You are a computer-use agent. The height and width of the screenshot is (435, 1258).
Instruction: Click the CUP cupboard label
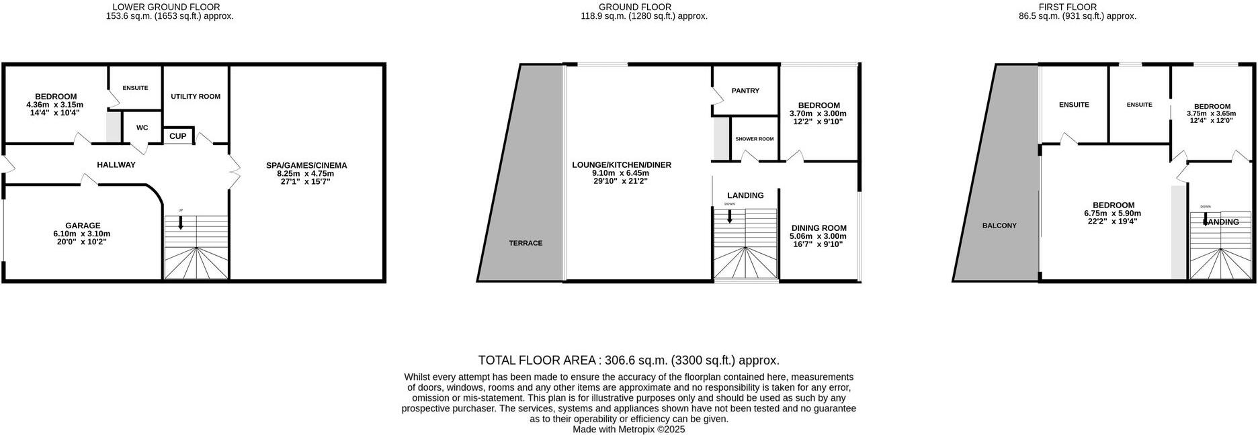click(x=177, y=136)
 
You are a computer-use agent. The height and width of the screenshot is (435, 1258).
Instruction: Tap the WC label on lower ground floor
click(x=142, y=128)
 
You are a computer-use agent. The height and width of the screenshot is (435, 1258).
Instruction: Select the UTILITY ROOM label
click(x=196, y=97)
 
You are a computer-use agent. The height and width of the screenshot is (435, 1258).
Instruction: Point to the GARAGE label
click(x=83, y=226)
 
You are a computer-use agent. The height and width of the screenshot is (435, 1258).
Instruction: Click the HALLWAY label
click(x=116, y=164)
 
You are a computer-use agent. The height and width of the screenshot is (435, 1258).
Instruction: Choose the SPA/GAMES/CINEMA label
click(x=306, y=165)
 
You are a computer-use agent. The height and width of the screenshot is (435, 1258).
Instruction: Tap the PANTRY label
click(x=745, y=91)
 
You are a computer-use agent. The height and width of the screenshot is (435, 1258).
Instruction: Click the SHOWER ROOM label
click(x=754, y=139)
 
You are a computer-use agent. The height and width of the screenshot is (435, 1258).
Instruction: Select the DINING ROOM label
click(x=819, y=228)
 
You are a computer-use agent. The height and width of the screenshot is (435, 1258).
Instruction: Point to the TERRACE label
click(x=526, y=243)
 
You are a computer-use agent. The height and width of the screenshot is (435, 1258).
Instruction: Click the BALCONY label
click(x=999, y=226)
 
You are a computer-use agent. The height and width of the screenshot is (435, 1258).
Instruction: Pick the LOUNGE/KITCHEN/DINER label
click(x=622, y=165)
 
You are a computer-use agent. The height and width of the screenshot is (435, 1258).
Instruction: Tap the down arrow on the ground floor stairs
click(x=729, y=216)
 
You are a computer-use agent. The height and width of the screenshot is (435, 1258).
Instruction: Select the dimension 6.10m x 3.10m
click(x=83, y=234)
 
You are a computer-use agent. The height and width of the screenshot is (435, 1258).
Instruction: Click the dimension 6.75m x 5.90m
click(x=1114, y=213)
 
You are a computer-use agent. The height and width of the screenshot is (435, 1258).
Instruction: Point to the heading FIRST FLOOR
click(x=1077, y=7)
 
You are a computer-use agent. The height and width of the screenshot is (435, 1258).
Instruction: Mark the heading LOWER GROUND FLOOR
click(x=166, y=7)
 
